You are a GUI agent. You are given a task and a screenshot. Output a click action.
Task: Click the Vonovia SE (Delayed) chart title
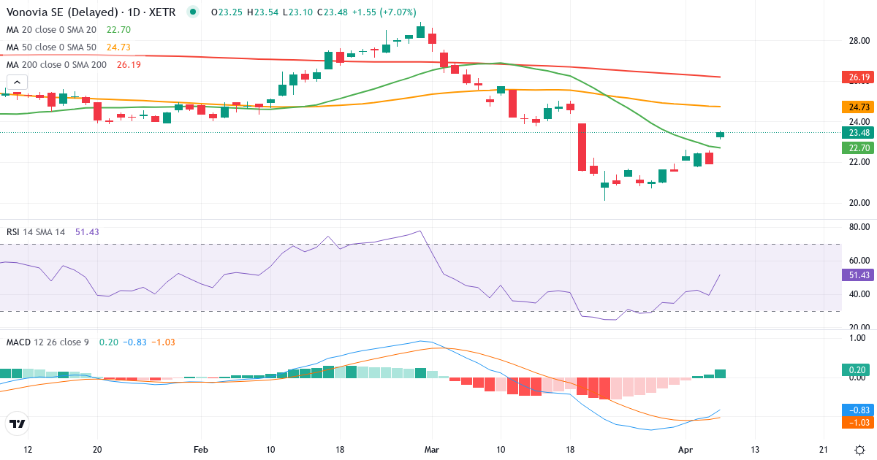(x=62, y=12)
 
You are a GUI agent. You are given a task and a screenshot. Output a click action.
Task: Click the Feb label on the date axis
(x=200, y=449)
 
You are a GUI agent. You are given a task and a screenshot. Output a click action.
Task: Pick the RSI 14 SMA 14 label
(x=36, y=231)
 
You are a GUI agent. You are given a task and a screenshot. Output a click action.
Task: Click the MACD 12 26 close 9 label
(x=48, y=342)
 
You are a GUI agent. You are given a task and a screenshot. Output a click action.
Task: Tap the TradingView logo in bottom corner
(x=18, y=423)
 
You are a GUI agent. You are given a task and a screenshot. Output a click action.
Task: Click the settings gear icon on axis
(x=859, y=449)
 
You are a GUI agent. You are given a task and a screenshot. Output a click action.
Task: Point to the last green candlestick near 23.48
(x=721, y=134)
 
